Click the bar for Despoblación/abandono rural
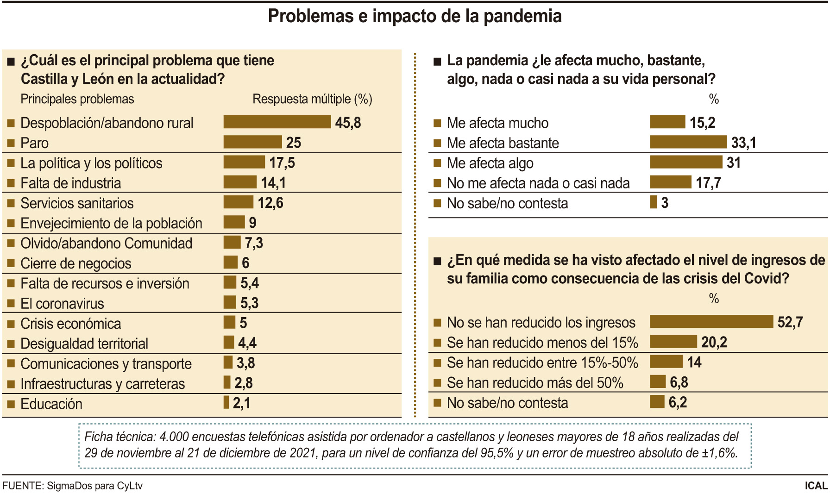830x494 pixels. (277, 122)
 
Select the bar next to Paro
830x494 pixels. (252, 142)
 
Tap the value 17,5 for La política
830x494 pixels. (282, 163)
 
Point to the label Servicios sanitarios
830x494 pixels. (77, 203)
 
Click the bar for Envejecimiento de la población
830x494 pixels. (234, 222)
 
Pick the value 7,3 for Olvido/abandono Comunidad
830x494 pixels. (254, 243)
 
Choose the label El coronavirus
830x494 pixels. (62, 304)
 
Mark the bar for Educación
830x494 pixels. (226, 402)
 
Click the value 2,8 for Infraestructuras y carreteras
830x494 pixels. (243, 383)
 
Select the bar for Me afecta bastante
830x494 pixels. (688, 142)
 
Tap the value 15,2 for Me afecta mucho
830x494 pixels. (702, 122)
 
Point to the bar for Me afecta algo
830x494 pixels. (685, 162)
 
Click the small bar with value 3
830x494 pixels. (653, 202)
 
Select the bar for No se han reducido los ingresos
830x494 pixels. (711, 321)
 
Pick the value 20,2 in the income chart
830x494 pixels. (714, 342)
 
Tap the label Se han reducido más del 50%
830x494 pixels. (535, 383)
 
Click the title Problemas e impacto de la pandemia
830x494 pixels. (415, 16)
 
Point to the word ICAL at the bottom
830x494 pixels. (816, 486)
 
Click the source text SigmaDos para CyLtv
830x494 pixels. (94, 486)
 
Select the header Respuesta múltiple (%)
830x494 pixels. (312, 99)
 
